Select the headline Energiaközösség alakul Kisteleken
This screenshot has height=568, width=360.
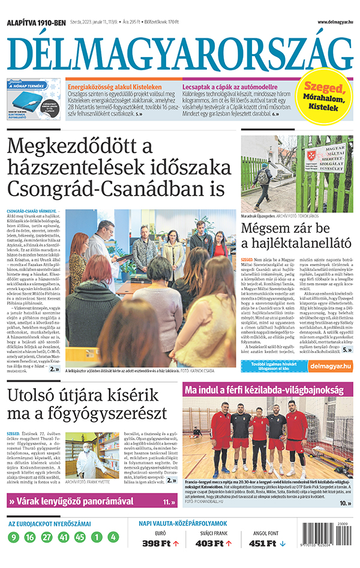pos(111,86)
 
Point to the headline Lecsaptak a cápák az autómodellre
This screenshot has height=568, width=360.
pos(230,86)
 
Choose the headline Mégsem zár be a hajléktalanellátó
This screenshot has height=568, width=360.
pos(295,236)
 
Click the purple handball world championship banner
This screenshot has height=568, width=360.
pos(268,390)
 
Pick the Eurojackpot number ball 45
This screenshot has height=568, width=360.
pos(80,537)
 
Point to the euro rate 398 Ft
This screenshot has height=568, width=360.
pos(155,543)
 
